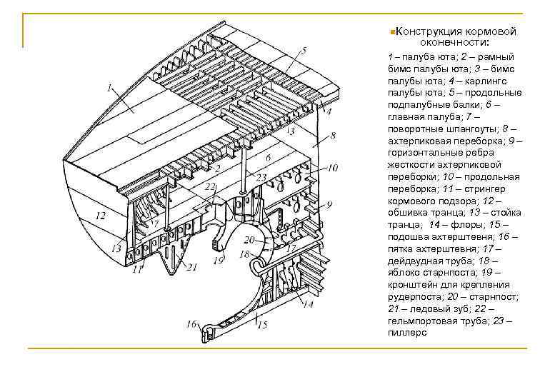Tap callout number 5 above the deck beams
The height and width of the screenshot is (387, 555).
[304, 51]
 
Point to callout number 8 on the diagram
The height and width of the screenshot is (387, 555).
[334, 136]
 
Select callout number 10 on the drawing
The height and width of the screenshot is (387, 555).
[333, 169]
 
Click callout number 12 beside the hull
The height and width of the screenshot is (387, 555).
[100, 215]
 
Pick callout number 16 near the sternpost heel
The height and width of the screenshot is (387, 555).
[191, 324]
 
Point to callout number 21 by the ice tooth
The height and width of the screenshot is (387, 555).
[191, 267]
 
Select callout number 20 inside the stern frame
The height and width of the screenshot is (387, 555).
[249, 240]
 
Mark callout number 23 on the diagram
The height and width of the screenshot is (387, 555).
[261, 177]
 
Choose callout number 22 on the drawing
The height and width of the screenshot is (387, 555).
[209, 186]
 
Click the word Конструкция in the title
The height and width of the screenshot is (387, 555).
[426, 32]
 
